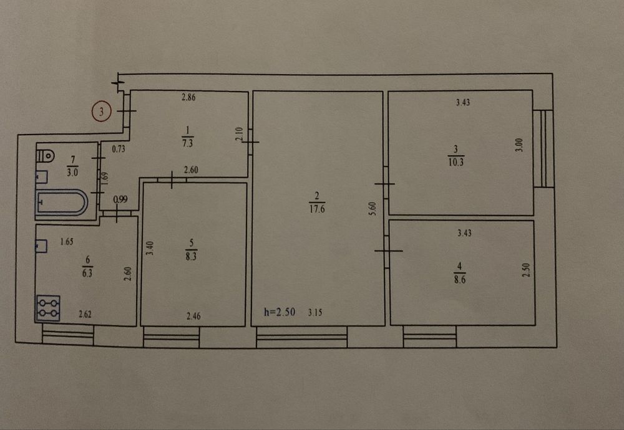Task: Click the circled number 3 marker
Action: pyautogui.click(x=101, y=112)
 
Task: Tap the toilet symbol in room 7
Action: pyautogui.click(x=46, y=155)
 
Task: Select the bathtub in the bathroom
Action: pyautogui.click(x=62, y=203)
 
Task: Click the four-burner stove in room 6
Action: pyautogui.click(x=49, y=308)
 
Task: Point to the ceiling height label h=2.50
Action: pyautogui.click(x=280, y=312)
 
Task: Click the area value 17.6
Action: pyautogui.click(x=317, y=209)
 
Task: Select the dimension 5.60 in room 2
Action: pyautogui.click(x=372, y=209)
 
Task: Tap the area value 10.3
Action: pyautogui.click(x=456, y=162)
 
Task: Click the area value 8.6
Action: pyautogui.click(x=460, y=279)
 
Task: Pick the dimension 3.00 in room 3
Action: pyautogui.click(x=519, y=145)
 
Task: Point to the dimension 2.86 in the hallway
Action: pyautogui.click(x=188, y=97)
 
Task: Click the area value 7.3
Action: pyautogui.click(x=187, y=143)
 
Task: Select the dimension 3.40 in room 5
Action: pyautogui.click(x=150, y=249)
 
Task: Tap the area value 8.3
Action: pyautogui.click(x=191, y=256)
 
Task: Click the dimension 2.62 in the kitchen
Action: pyautogui.click(x=85, y=314)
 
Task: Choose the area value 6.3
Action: pyautogui.click(x=87, y=274)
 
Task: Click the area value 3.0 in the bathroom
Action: pyautogui.click(x=72, y=173)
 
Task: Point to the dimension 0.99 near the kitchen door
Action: pyautogui.click(x=120, y=199)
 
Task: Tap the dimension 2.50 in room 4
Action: pyautogui.click(x=525, y=270)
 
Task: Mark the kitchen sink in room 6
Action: pyautogui.click(x=41, y=246)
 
